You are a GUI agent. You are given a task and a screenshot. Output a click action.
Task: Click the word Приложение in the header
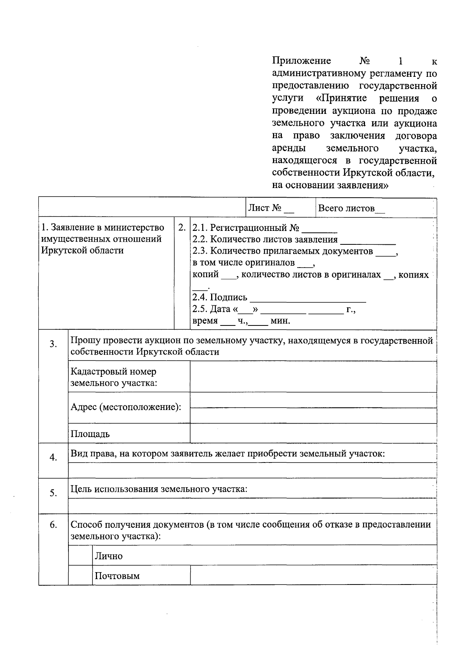click(302, 61)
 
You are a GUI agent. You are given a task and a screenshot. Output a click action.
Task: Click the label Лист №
click(265, 208)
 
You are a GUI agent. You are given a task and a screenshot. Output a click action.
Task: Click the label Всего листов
click(346, 208)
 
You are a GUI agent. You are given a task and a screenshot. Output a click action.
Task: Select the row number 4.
click(53, 458)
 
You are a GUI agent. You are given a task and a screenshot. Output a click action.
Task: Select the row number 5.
click(53, 493)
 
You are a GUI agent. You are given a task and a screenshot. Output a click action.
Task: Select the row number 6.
click(53, 525)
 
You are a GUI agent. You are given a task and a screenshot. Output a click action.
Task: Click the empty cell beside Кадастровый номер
click(313, 377)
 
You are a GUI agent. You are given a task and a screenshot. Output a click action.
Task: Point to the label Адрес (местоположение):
click(126, 407)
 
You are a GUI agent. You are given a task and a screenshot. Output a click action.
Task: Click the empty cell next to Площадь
click(313, 433)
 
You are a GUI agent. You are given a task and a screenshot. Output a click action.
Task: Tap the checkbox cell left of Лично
click(80, 555)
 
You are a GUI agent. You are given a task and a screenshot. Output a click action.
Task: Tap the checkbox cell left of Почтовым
click(80, 575)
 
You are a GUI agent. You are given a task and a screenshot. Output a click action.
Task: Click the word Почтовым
click(117, 576)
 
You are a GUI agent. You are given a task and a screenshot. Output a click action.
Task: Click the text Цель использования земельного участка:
click(159, 489)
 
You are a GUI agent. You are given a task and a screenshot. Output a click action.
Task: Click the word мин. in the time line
click(280, 321)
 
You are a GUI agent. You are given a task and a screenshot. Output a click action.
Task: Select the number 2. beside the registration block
click(182, 227)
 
